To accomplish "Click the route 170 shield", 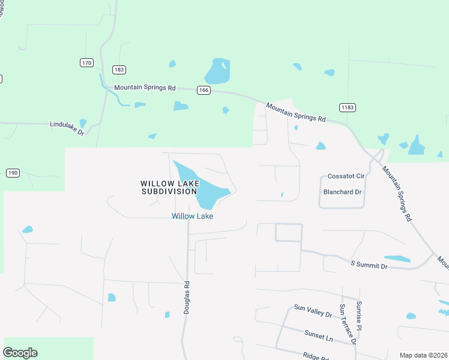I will (x=86, y=62).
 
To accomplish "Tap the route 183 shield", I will (x=119, y=70).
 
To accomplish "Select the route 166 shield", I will (x=203, y=90).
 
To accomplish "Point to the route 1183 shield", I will (x=347, y=107).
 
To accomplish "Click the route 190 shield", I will (x=13, y=173).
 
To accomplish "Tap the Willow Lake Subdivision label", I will (x=168, y=187).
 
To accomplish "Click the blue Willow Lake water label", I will (x=193, y=216).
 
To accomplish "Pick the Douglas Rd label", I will (x=187, y=298).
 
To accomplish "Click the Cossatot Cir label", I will (x=346, y=176).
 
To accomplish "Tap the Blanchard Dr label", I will (x=343, y=193).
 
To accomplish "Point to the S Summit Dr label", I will (x=369, y=265).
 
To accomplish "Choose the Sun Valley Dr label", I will (x=313, y=311).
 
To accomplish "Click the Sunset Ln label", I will (x=318, y=338).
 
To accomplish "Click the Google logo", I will (x=20, y=353).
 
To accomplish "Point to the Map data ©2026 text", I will (x=423, y=355).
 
